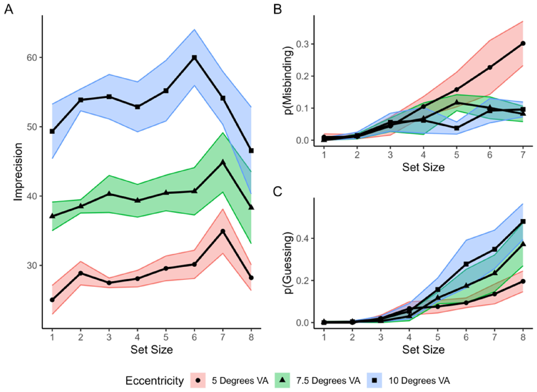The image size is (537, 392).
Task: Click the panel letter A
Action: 9,10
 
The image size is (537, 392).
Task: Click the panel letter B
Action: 277,10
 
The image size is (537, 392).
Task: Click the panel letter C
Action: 278,192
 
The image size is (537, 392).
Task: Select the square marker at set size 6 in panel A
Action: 194,58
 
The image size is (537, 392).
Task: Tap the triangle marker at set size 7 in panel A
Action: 223,162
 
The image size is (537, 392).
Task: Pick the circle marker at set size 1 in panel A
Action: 52,300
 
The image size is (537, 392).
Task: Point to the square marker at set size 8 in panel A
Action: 251,151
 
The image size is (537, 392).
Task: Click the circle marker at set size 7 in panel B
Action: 523,43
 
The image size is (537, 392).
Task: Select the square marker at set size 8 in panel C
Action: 523,221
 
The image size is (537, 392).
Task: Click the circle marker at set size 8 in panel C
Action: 523,281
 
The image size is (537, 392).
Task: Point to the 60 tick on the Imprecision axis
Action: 32,58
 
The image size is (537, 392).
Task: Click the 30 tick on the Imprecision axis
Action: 32,265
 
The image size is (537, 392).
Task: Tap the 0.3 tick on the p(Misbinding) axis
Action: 302,44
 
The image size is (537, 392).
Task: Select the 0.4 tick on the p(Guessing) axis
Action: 302,238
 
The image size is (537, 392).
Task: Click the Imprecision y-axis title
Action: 18,172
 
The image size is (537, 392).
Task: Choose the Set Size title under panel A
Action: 152,349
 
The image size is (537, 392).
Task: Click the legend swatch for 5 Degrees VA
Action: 198,380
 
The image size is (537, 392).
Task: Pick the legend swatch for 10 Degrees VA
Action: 374,380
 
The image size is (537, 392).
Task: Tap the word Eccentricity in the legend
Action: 155,381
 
